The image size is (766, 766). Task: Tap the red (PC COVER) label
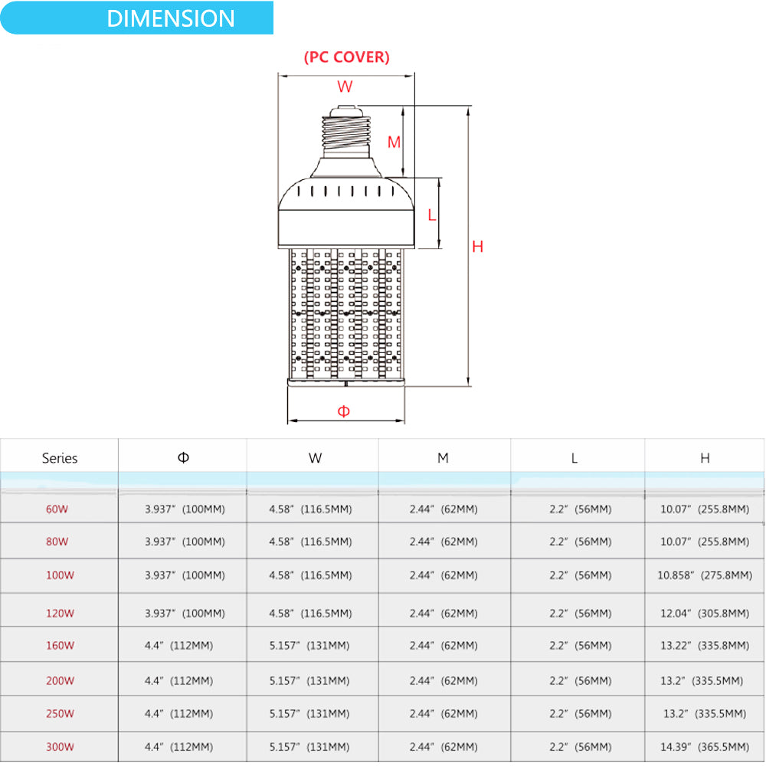point(346,57)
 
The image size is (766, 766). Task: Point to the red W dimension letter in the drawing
point(345,87)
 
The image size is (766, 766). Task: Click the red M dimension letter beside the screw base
point(394,142)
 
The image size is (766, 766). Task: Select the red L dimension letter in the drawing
point(432,215)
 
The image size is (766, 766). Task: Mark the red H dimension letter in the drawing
point(478,247)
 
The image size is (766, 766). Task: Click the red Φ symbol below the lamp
point(344,411)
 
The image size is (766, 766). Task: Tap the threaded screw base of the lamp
point(345,134)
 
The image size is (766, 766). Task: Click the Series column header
point(60,458)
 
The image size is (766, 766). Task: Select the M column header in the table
point(443,458)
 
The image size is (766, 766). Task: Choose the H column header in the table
point(705,458)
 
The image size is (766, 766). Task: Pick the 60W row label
point(57,509)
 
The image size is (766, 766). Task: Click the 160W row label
point(60,645)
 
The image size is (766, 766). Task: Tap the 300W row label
point(60,747)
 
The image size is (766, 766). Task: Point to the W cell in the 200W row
point(310,680)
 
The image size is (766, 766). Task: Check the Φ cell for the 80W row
point(185,542)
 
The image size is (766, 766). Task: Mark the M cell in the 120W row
point(444,613)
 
